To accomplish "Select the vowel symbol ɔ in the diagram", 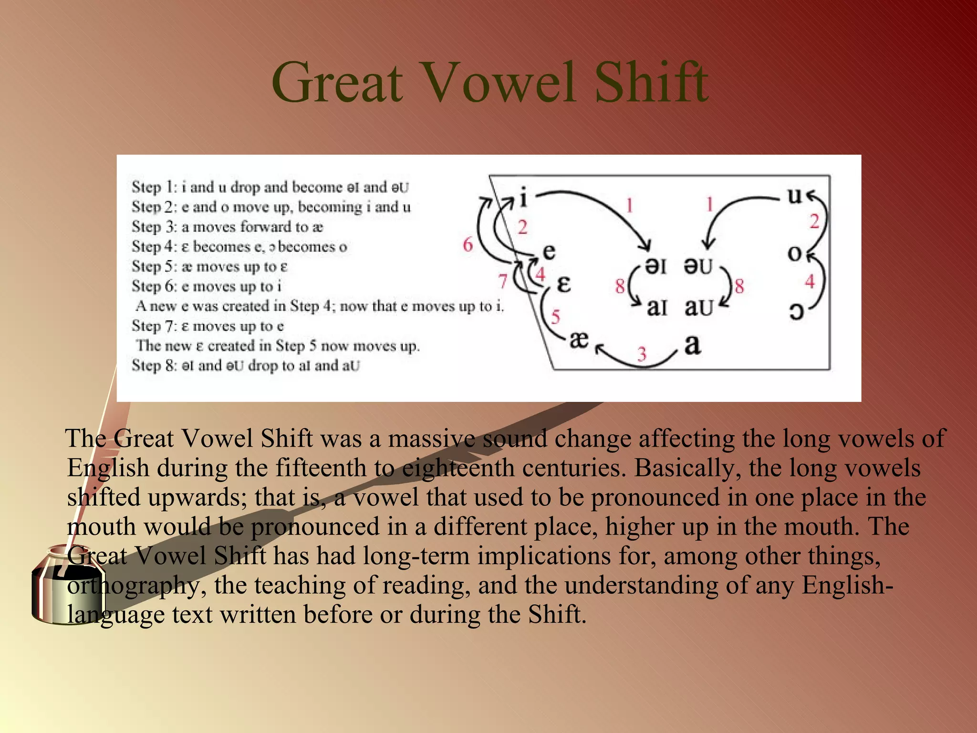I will (x=796, y=311).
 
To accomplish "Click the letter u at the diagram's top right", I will (x=795, y=195).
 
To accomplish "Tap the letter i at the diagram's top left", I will (x=523, y=197).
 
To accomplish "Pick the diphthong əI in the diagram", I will (x=655, y=266).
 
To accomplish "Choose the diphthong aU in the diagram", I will (x=698, y=308).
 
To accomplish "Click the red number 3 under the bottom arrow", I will (x=642, y=354).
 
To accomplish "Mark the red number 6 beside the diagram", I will (x=468, y=245).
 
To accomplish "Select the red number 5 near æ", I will (x=555, y=317).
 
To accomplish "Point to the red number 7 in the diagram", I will (x=503, y=282).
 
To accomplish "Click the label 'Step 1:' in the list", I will (x=154, y=187).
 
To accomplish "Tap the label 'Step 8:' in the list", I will (x=154, y=366).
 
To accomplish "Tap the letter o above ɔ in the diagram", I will (x=795, y=253).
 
